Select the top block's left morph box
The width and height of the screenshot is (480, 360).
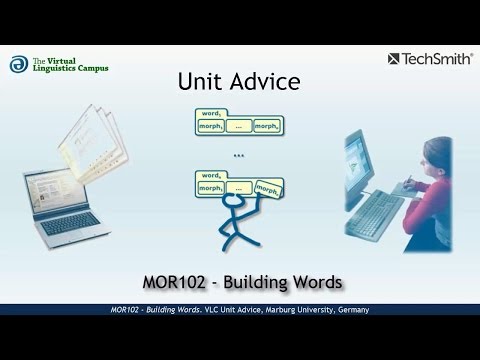[210, 127]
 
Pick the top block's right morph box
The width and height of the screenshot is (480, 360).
[266, 127]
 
